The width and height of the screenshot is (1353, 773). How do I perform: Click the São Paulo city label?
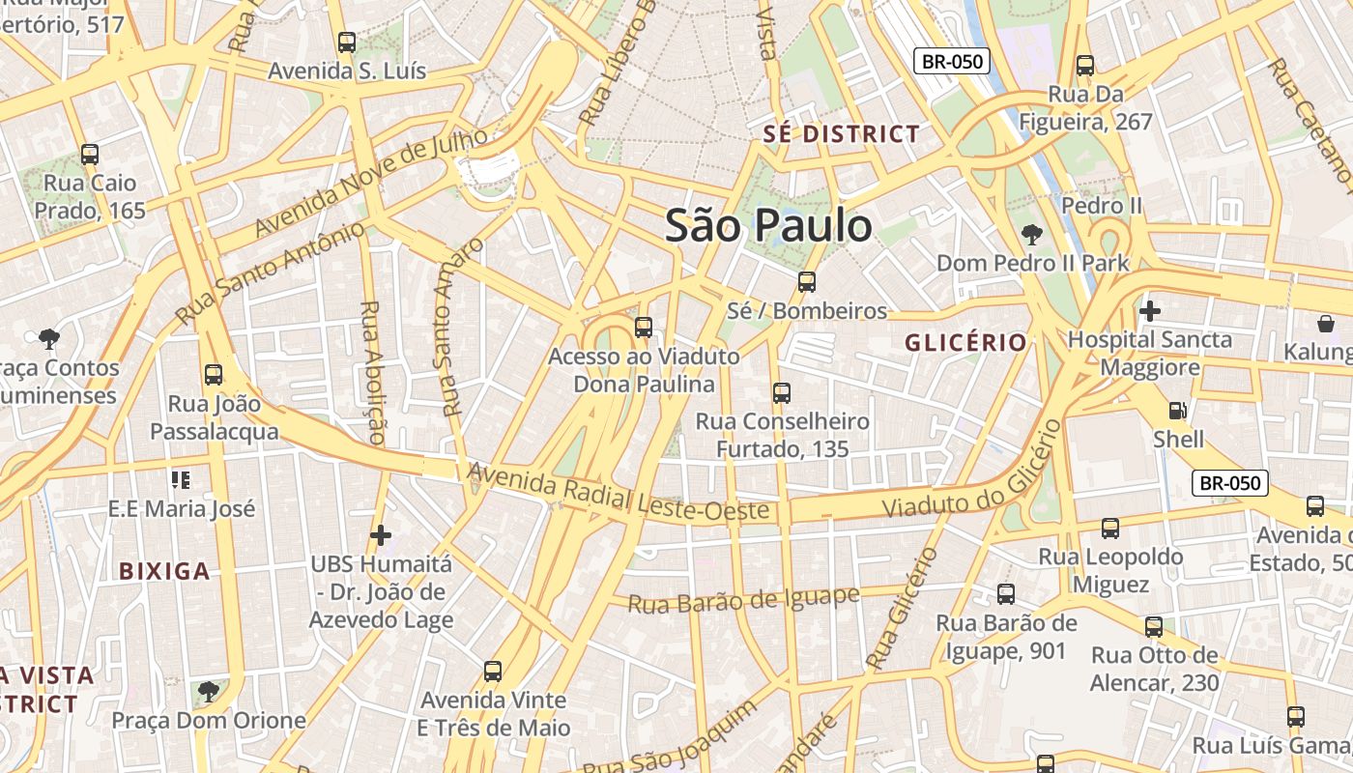coord(768,226)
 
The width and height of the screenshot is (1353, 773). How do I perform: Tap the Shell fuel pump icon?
coord(1177,412)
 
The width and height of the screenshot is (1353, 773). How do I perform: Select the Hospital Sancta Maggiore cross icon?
coord(1149,311)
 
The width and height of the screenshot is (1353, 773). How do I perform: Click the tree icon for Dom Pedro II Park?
coord(1031,234)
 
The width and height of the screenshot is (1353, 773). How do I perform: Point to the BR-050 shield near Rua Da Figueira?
coord(952,62)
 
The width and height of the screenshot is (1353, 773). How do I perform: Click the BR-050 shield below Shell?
coord(1229,483)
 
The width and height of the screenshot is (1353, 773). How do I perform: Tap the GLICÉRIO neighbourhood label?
coord(964,343)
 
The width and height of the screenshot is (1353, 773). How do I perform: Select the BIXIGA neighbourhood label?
coord(164,571)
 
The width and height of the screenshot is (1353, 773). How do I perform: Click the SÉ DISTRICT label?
coord(841,134)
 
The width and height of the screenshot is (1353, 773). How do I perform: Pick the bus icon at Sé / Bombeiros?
coord(806,282)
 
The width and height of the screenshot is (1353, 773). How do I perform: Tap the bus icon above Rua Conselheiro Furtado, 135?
coord(781,393)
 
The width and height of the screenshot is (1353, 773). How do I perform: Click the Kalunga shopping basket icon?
coord(1325,324)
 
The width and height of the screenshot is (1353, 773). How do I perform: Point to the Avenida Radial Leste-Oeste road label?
coord(619,493)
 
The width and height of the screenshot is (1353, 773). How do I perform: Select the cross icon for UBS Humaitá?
coord(381,534)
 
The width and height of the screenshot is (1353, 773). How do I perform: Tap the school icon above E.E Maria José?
coord(180,479)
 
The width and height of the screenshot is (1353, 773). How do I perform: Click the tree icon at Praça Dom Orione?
coord(208,691)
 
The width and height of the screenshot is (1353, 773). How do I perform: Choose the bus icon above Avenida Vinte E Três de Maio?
coord(492,671)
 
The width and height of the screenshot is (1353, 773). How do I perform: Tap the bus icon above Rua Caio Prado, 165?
coord(89,154)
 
